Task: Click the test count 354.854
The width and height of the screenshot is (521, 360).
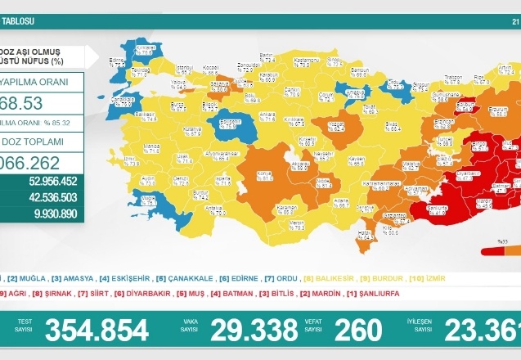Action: (97, 330)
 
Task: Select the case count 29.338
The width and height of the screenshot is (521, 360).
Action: (254, 330)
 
